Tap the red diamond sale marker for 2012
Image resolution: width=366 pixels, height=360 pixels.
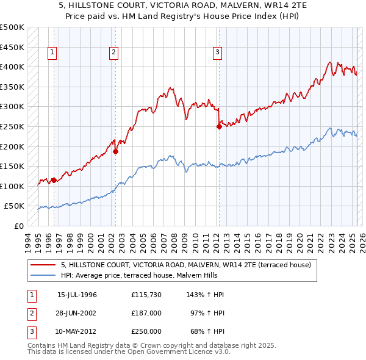(x=219, y=127)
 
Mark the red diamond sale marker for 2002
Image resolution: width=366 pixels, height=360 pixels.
(x=115, y=152)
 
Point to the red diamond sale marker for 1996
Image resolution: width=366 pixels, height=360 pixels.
(x=54, y=180)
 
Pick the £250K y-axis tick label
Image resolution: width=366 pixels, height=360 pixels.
(x=12, y=127)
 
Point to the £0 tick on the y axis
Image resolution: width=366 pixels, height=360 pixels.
(x=19, y=226)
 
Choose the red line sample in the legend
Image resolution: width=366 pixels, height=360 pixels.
(x=43, y=265)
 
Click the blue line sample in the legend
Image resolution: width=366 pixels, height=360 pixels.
(x=43, y=275)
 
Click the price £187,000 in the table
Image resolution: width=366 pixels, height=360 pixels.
(x=146, y=313)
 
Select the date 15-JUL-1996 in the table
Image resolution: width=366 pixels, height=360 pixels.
(x=77, y=295)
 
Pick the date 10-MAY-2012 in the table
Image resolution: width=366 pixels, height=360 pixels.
(x=77, y=331)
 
